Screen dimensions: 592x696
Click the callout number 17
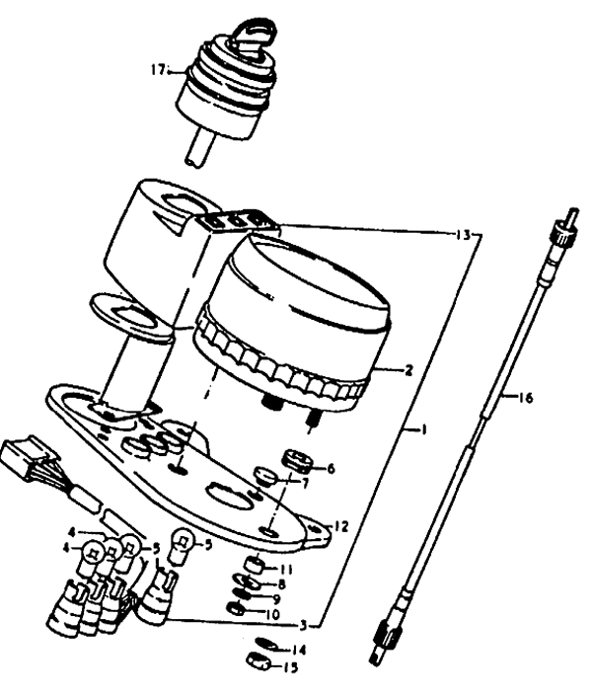(x=158, y=70)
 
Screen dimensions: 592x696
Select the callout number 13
(x=463, y=235)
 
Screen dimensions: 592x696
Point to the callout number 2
(x=408, y=370)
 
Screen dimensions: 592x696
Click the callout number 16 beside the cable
(x=525, y=398)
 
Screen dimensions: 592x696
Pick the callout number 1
(x=424, y=429)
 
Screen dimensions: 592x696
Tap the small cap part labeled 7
(x=265, y=476)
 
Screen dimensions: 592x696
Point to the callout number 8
(x=281, y=584)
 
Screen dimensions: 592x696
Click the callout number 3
(x=303, y=626)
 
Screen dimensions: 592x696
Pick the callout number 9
(x=276, y=599)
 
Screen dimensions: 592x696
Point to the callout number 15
(x=291, y=667)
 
